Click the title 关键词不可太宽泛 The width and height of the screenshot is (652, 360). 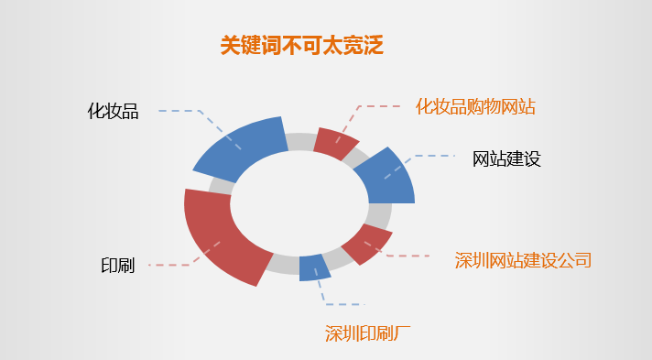tap(300, 45)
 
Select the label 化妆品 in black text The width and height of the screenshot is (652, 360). tap(113, 112)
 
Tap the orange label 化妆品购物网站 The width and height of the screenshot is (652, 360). tap(474, 107)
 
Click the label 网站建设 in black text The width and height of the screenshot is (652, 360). tap(506, 158)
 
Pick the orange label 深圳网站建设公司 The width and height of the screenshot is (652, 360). tap(523, 260)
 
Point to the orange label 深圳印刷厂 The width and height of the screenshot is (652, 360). tap(368, 333)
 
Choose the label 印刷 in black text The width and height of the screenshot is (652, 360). tap(117, 266)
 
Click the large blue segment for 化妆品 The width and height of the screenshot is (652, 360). tap(241, 148)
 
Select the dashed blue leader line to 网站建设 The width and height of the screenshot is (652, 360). tap(430, 157)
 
